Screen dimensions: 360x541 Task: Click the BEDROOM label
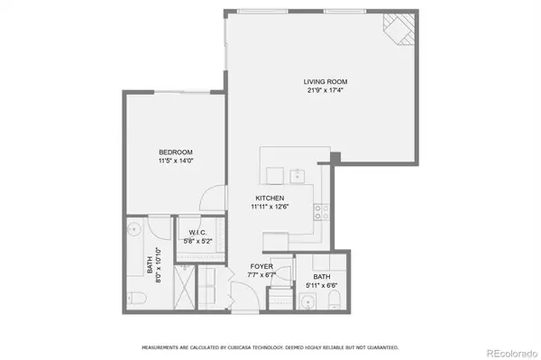pyautogui.click(x=176, y=152)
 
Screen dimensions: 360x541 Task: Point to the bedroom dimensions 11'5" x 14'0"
pyautogui.click(x=176, y=161)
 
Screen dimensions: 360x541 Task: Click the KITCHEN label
pyautogui.click(x=270, y=198)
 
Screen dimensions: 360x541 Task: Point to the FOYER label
pyautogui.click(x=261, y=267)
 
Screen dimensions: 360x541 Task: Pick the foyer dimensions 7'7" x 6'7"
pyautogui.click(x=261, y=275)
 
